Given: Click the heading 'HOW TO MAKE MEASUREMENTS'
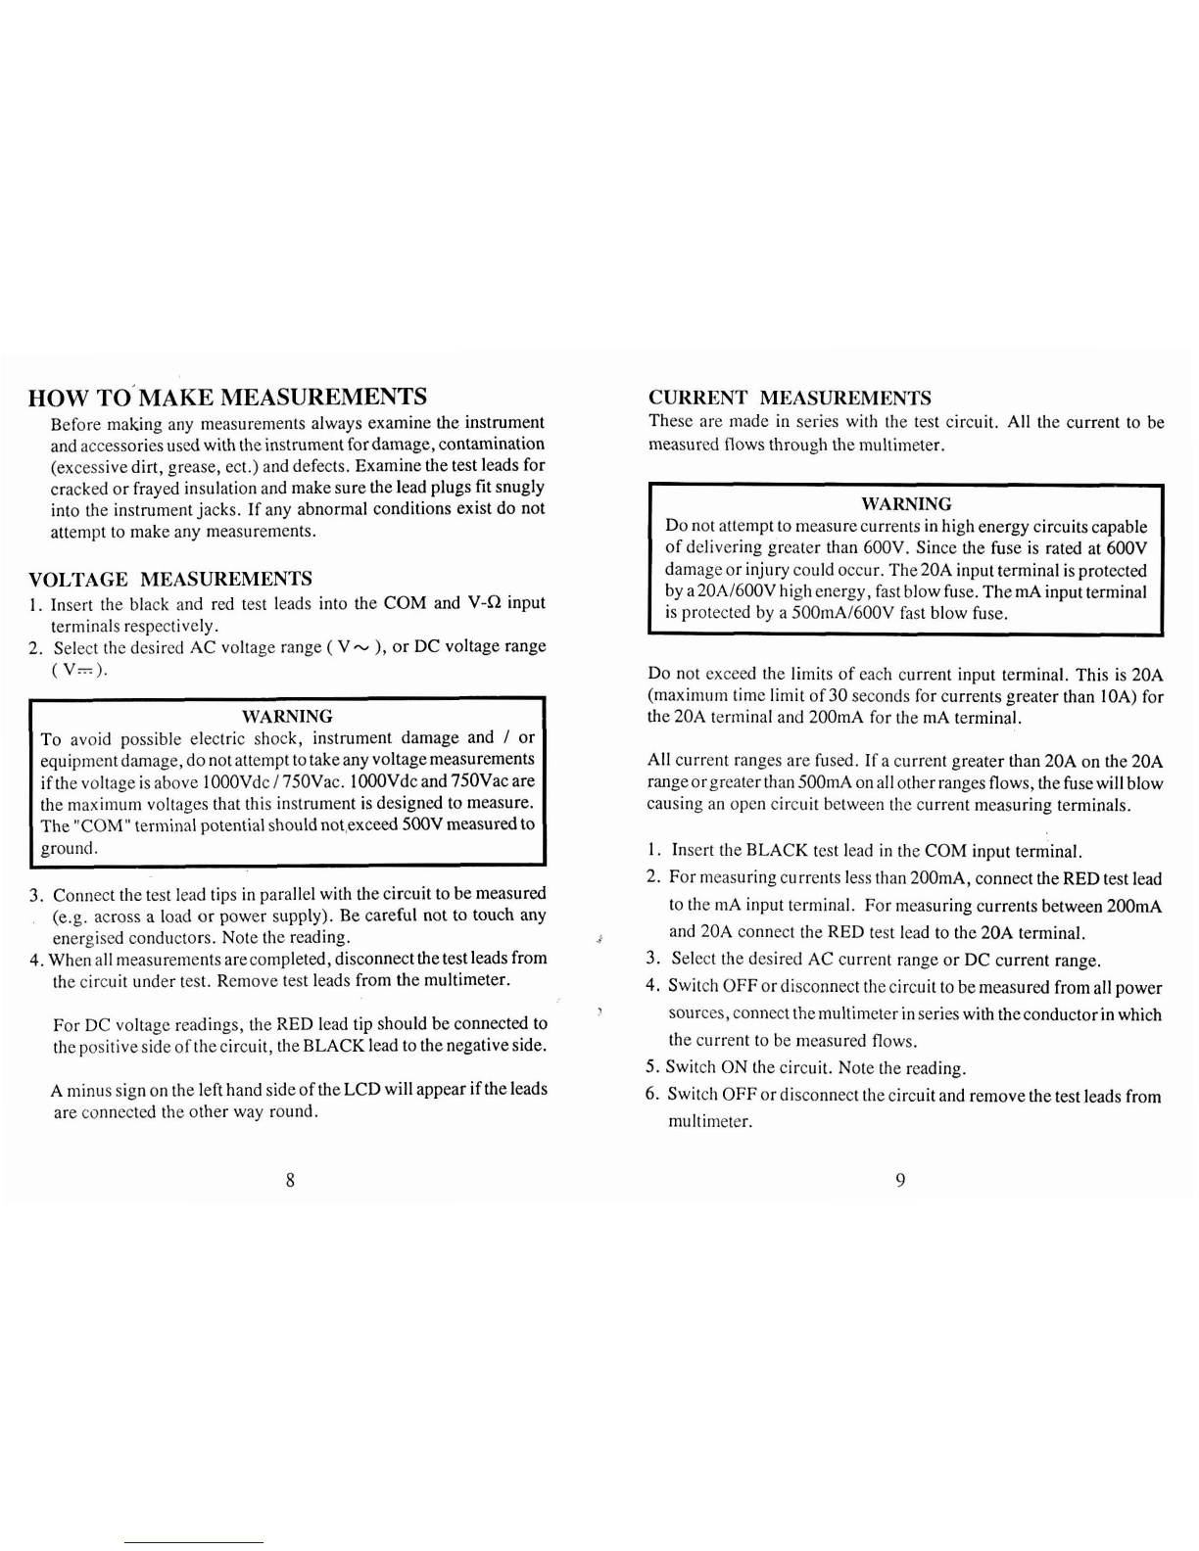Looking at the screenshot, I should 228,397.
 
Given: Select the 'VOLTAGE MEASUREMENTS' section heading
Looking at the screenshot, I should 171,579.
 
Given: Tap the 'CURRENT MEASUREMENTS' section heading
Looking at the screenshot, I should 790,398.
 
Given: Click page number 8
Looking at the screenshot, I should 290,1179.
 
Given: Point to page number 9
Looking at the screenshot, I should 900,1180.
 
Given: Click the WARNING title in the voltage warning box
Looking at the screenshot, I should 287,716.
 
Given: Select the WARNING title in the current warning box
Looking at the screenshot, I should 905,504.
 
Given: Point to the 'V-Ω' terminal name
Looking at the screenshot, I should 486,602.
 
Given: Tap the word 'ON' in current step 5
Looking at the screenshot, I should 734,1067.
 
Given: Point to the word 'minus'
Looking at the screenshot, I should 87,1089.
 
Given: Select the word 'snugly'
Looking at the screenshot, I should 520,487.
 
